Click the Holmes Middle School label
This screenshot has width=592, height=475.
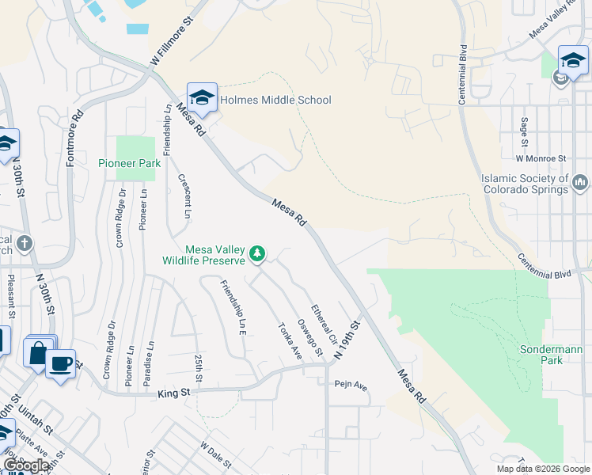275,101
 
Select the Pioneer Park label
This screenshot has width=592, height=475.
130,164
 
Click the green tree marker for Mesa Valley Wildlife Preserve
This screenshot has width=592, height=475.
256,254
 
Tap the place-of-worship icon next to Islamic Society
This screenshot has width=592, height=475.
581,184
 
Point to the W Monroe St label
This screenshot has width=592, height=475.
541,158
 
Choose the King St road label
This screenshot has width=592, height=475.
175,392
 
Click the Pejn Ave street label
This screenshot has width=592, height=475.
351,386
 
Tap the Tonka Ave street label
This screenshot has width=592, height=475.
289,340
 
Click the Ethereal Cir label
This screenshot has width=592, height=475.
324,325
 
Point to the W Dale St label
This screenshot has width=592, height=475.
213,454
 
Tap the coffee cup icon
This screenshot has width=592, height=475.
60,364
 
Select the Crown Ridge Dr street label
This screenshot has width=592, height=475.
120,218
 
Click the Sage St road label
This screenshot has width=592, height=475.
524,132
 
